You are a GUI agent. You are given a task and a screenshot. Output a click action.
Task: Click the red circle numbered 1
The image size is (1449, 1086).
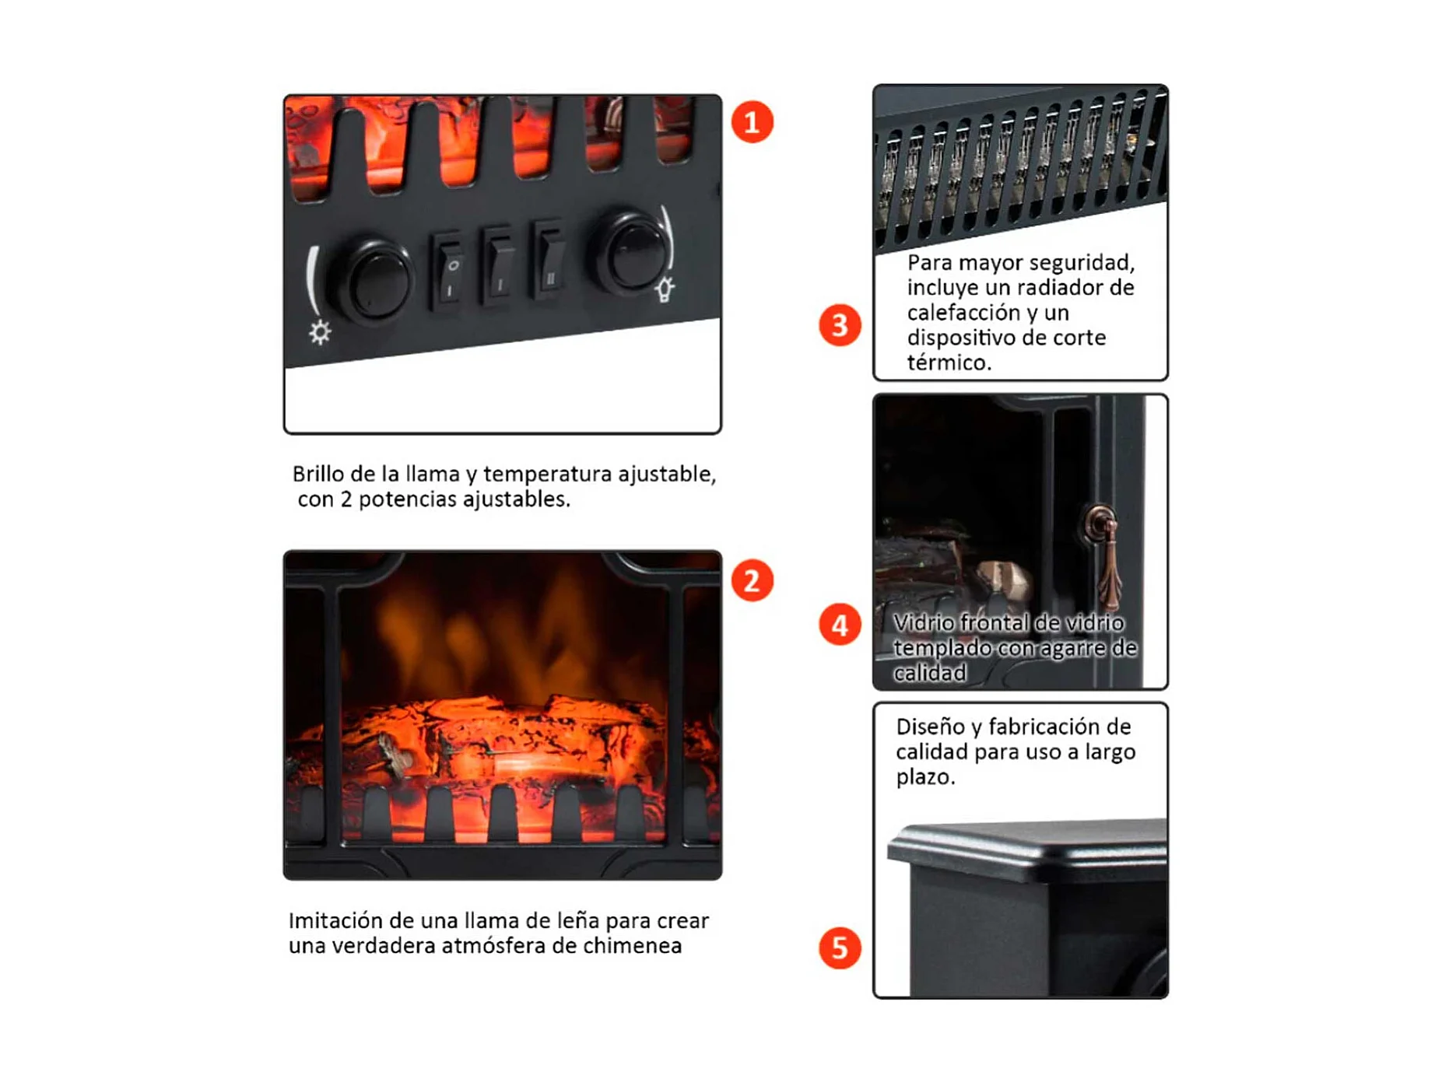pos(752,122)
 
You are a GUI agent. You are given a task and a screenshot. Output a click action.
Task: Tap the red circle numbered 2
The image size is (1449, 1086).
pos(752,580)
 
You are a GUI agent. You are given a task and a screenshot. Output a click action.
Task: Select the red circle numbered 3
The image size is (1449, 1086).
pos(840,325)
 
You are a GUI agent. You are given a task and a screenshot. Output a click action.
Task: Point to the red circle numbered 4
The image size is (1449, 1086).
pos(840,625)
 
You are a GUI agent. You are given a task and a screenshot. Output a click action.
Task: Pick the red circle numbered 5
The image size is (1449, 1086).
pos(840,948)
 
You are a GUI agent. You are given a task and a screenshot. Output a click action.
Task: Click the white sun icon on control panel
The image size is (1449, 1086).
pos(320,332)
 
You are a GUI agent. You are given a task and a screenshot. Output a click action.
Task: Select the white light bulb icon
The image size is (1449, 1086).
pos(665,289)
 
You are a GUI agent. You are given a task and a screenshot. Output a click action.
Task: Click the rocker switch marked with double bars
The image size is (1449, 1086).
pos(549,260)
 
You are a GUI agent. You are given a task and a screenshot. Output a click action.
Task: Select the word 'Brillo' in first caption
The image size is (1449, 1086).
pos(318,474)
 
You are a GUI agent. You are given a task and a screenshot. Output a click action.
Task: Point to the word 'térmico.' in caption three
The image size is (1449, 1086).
pos(949,362)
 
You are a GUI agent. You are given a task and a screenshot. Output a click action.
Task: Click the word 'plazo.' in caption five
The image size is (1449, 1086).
pos(924,778)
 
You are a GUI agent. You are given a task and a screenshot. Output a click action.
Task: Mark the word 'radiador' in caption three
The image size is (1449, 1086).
pos(1061,287)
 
